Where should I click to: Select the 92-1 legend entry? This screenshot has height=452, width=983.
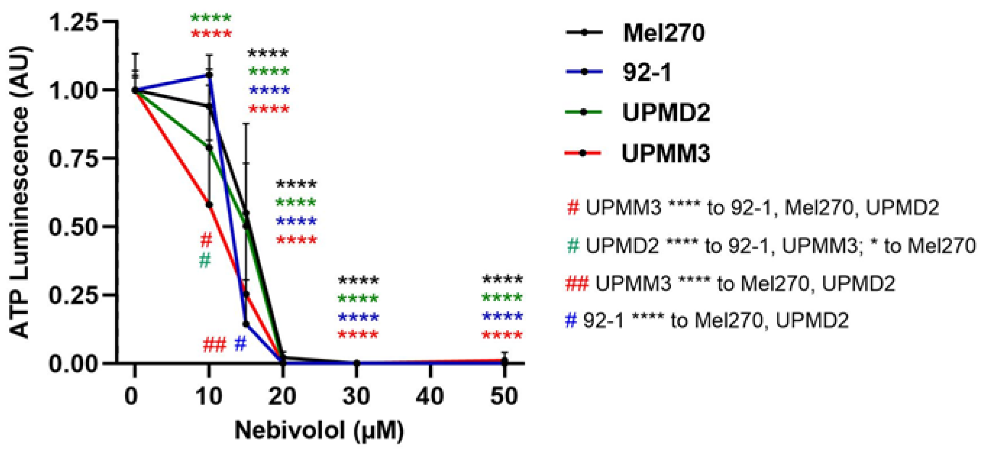646,72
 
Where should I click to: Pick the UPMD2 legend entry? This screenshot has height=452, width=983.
666,113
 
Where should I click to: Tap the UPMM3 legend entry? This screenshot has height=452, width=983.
666,153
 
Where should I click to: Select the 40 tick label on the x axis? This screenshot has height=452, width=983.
430,396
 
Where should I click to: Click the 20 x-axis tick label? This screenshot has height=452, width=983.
282,396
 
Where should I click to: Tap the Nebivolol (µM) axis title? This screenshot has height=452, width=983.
319,431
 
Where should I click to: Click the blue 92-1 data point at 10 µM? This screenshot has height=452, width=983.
209,75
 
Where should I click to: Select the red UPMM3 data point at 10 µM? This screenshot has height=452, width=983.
209,205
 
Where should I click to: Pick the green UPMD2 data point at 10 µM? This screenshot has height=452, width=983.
209,148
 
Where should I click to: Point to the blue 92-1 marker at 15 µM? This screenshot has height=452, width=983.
246,324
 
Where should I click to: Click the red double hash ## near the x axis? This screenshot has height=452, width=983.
215,345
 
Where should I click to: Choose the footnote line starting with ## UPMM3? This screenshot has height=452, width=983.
730,284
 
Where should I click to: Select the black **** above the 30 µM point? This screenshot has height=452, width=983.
358,281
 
